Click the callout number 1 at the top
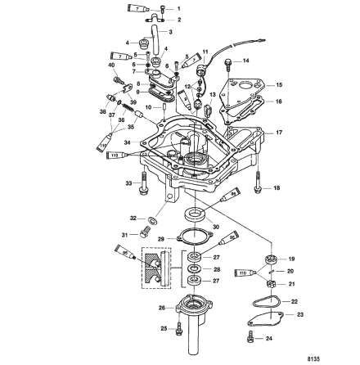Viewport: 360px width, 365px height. (x=179, y=7)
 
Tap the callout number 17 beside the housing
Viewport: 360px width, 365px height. (x=279, y=132)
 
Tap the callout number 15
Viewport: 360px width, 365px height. (x=279, y=84)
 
